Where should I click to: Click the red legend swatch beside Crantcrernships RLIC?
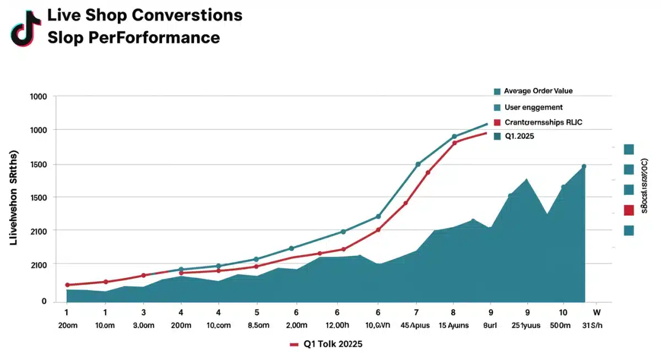point(497,122)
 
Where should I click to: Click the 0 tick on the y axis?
point(44,301)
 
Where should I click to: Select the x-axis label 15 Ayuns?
point(453,325)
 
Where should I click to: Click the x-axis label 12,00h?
point(337,325)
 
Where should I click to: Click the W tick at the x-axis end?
point(597,311)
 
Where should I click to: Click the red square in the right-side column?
point(629,210)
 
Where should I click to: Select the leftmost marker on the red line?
point(67,285)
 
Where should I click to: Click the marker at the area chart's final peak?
point(584,166)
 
